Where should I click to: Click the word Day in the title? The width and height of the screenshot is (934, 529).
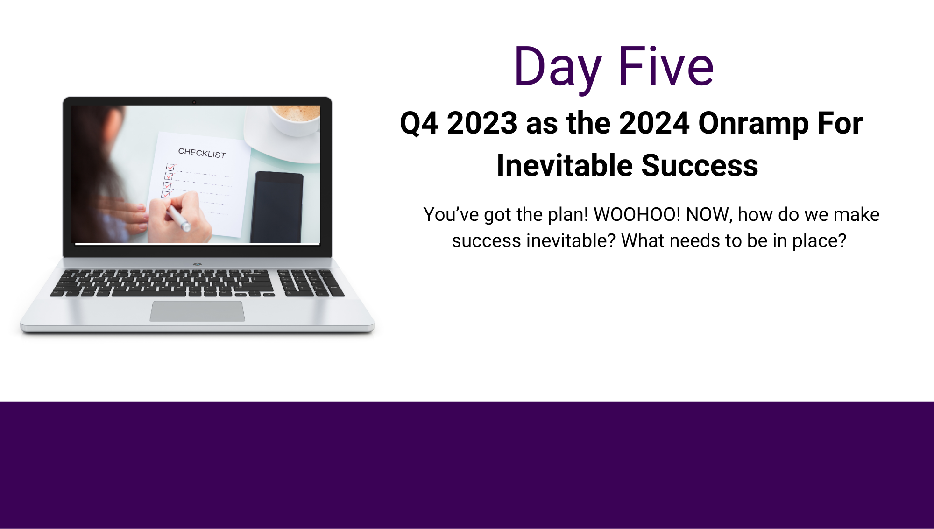click(557, 69)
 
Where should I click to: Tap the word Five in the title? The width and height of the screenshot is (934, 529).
click(666, 66)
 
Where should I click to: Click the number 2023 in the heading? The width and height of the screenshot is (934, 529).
click(481, 123)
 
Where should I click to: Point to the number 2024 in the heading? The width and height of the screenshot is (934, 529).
click(654, 123)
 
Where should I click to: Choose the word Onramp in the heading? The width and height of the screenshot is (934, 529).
click(753, 124)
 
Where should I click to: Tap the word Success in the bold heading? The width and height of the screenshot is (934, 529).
click(700, 166)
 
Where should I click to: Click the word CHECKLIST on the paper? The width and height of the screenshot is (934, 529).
click(202, 153)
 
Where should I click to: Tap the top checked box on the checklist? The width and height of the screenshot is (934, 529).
click(170, 167)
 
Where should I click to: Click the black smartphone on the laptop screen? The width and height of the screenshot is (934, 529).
click(277, 207)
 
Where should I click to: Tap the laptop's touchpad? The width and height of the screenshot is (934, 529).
click(197, 311)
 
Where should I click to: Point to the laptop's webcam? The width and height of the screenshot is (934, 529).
click(194, 102)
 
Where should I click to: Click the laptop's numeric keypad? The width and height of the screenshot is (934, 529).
click(311, 283)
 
